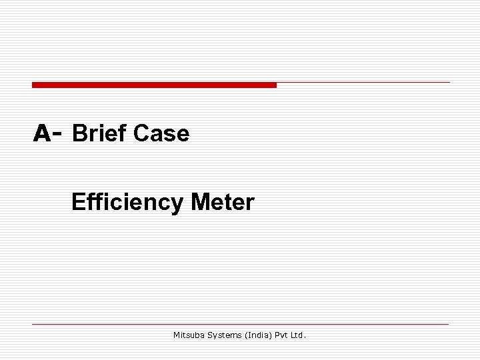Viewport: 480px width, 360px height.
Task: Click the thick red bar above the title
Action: (154, 85)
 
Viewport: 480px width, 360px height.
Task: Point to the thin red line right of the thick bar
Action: (363, 83)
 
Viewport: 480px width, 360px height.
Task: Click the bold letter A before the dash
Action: (42, 134)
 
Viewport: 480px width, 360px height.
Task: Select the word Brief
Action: (99, 134)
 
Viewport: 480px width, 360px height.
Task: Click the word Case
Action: (161, 134)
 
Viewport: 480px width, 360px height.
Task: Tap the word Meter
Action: (223, 201)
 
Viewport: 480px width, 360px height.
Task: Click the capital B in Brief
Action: (79, 134)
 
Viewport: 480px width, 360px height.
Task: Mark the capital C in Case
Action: (141, 134)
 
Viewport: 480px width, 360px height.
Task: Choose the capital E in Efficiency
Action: (77, 201)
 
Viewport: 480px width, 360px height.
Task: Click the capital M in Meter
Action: (199, 201)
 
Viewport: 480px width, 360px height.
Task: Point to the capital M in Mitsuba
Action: (177, 335)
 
